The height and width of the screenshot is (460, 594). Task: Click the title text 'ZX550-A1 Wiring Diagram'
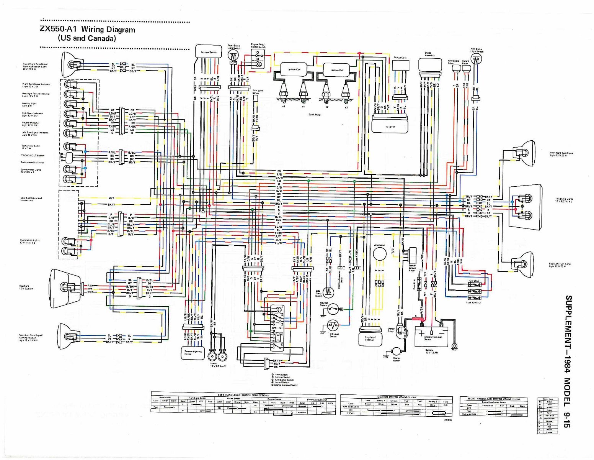click(x=87, y=30)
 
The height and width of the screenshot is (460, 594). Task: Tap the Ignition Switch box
click(x=208, y=52)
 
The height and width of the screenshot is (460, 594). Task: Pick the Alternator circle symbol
click(x=379, y=254)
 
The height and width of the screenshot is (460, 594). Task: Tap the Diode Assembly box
click(x=430, y=65)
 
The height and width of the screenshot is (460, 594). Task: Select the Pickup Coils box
click(x=400, y=66)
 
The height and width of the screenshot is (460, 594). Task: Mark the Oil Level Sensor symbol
click(x=333, y=326)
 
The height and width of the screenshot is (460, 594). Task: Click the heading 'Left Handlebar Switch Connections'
click(x=243, y=395)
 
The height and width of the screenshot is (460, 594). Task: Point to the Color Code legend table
click(x=548, y=416)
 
